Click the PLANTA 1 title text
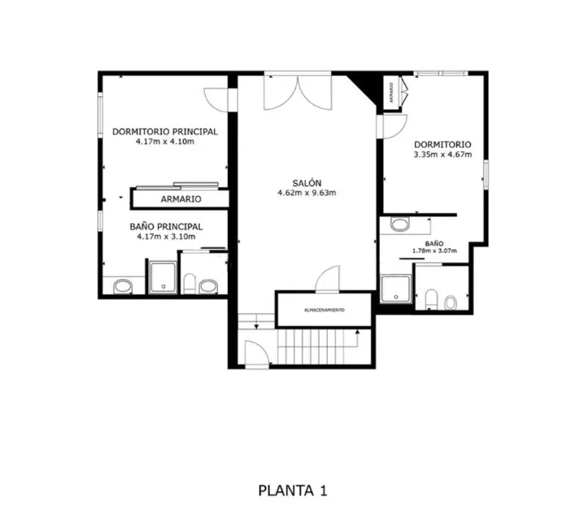293,491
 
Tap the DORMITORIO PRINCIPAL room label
165,132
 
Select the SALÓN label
307,183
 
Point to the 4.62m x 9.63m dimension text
307,194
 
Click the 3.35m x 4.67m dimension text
442,155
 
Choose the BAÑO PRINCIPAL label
166,227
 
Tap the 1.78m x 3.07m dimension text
434,251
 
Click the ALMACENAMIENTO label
324,310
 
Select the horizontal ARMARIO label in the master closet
181,199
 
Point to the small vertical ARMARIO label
391,93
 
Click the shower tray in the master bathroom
163,277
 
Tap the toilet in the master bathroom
189,284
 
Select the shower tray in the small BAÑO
396,289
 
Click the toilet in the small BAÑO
432,299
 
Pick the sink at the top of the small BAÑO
400,225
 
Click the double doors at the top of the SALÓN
298,93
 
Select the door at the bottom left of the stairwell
257,353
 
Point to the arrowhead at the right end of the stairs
357,331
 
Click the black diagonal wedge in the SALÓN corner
363,87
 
